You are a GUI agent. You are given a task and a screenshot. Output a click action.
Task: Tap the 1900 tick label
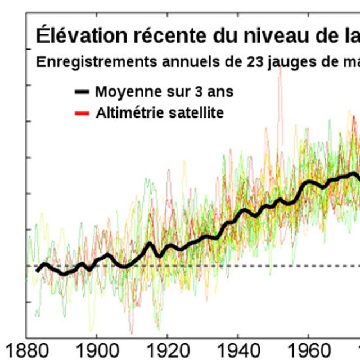click(x=96, y=348)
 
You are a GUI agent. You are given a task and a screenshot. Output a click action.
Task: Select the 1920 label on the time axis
click(x=166, y=348)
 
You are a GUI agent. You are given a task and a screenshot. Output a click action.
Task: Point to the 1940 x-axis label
click(x=237, y=348)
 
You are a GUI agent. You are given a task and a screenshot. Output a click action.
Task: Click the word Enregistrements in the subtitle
click(x=84, y=62)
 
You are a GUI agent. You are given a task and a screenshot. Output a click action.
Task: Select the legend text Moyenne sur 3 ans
click(x=164, y=91)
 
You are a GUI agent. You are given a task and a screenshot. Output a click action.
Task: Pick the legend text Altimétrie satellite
click(x=159, y=113)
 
